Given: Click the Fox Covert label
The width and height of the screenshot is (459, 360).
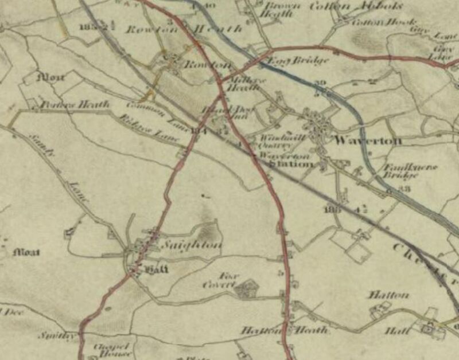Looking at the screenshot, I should click(x=219, y=280).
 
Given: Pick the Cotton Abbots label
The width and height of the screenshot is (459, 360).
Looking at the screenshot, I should click(x=356, y=6).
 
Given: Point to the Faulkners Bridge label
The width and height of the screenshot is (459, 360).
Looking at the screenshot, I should click(x=409, y=170).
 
